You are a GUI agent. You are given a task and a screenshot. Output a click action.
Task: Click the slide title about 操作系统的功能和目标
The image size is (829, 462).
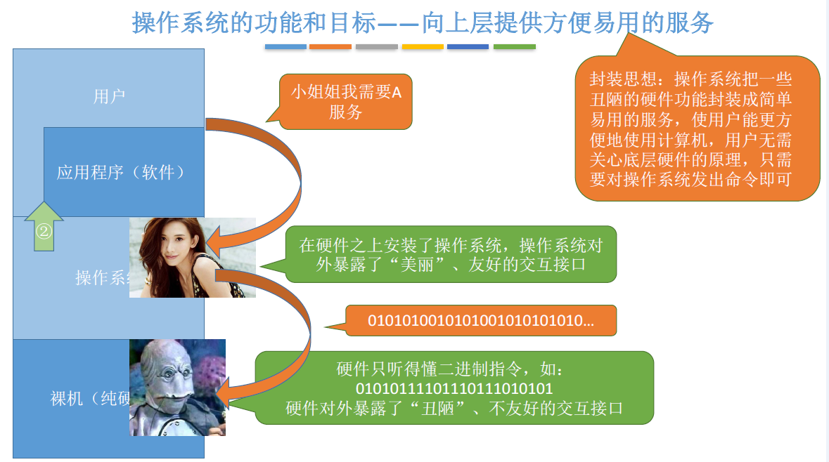[x=423, y=22]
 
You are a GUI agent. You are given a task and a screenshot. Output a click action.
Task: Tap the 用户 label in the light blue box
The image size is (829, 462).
[x=109, y=96]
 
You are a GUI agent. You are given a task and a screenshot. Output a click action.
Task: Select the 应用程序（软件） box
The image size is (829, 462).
[x=124, y=172]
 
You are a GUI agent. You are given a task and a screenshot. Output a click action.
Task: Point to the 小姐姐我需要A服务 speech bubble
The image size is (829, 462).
[x=345, y=102]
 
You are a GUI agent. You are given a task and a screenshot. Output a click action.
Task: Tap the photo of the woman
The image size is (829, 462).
[x=192, y=257]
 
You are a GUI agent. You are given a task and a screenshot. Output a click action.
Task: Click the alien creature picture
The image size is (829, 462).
[x=177, y=387]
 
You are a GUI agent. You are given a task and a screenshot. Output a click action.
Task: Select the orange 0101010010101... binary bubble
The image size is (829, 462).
[x=480, y=321]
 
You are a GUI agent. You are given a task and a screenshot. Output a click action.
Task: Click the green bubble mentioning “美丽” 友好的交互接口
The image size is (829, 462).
[x=450, y=254]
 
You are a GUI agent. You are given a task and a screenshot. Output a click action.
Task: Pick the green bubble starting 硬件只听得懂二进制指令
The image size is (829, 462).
[x=454, y=388]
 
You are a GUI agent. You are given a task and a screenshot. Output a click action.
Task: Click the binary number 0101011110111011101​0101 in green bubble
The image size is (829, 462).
[x=454, y=388]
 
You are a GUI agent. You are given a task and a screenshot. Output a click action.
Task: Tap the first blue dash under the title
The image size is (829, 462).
[x=285, y=47]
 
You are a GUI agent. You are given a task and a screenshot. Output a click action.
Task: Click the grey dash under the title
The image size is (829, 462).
[x=376, y=47]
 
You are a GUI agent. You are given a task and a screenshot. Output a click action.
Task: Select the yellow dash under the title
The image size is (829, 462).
[x=423, y=47]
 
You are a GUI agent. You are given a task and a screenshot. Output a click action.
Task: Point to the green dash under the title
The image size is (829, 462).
[x=514, y=47]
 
